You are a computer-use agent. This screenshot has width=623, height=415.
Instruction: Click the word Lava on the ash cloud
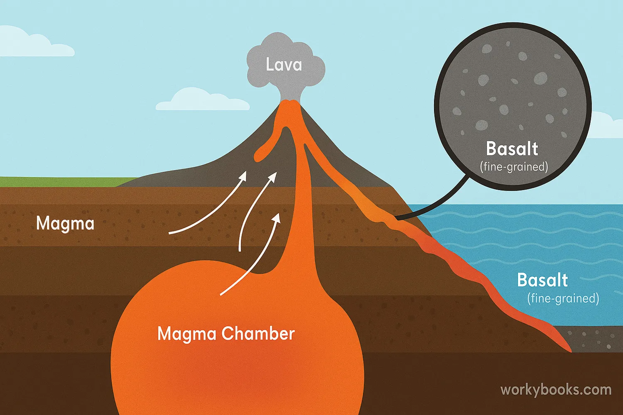click(284, 65)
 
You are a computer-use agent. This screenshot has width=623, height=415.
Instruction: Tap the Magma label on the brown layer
click(65, 224)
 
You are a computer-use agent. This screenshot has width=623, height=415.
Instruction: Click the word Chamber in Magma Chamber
click(258, 334)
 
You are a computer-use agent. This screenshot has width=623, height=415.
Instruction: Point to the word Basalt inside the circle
click(512, 149)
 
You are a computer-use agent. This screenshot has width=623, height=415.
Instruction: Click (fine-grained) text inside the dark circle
click(514, 167)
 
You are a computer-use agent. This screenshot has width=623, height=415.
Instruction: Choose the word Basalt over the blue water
click(542, 281)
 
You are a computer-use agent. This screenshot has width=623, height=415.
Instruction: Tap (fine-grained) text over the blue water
click(563, 298)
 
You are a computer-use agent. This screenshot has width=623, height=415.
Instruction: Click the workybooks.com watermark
click(556, 390)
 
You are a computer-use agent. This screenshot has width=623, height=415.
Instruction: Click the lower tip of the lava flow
click(570, 350)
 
